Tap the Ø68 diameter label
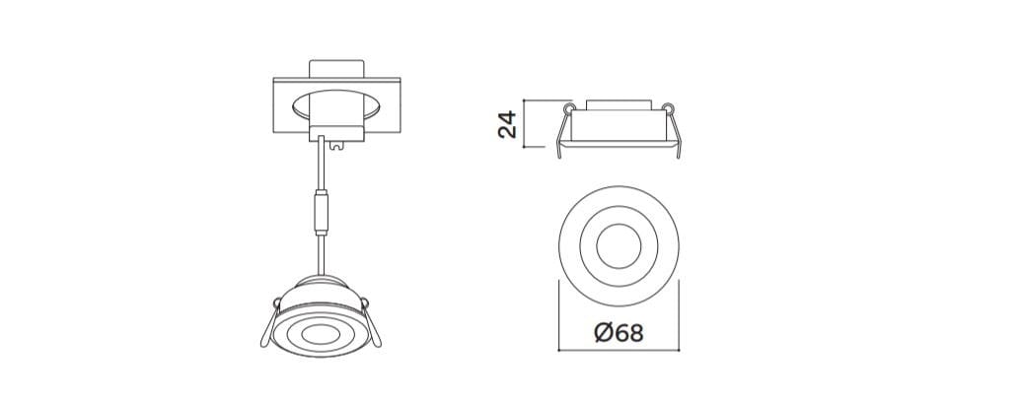pyautogui.click(x=619, y=332)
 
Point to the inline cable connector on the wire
pyautogui.click(x=320, y=211)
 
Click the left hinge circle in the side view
pyautogui.click(x=568, y=106)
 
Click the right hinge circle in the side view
pyautogui.click(x=669, y=106)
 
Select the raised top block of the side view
pyautogui.click(x=619, y=103)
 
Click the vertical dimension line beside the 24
pyautogui.click(x=524, y=124)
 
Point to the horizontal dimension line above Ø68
pyautogui.click(x=618, y=350)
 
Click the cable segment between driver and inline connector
pyautogui.click(x=320, y=168)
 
